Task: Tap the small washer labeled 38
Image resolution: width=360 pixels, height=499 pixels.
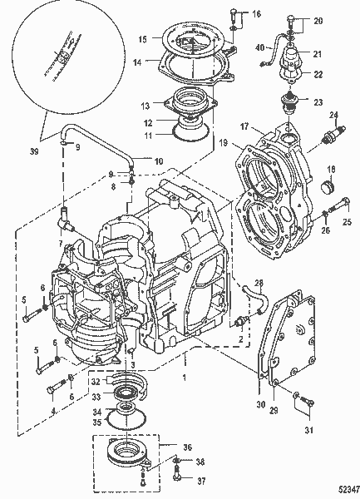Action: (176, 459)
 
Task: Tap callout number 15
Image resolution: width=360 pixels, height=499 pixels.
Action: (142, 38)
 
